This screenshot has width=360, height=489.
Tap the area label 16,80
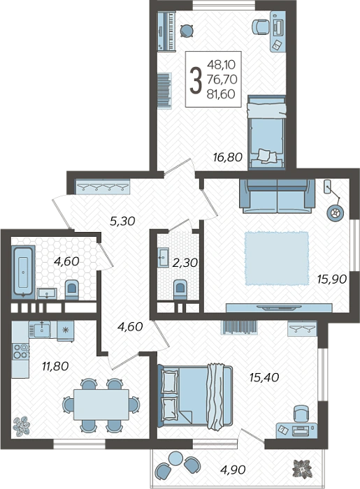[x=228, y=157]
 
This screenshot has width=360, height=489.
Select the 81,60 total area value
[x=221, y=94]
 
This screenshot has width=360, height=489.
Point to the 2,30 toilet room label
[x=185, y=263]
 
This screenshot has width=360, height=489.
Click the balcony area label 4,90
[x=232, y=469]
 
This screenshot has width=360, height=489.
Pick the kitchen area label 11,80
[x=55, y=366]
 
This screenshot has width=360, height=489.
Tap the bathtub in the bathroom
[x=23, y=272]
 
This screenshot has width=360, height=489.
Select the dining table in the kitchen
[x=101, y=404]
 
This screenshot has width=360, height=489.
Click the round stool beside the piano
[x=187, y=31]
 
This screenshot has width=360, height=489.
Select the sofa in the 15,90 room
[x=277, y=196]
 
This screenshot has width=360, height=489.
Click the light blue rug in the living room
[x=277, y=258]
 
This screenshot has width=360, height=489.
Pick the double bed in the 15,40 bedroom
[x=196, y=396]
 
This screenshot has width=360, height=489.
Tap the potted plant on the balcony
[x=302, y=468]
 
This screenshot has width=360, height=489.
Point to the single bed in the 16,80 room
[x=267, y=132]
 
